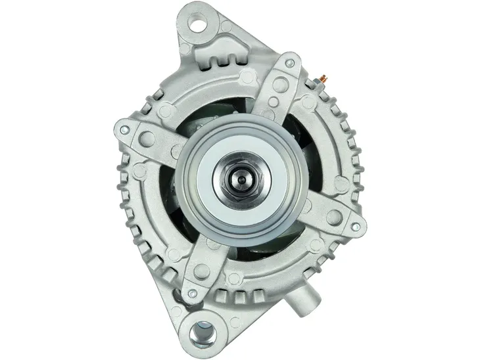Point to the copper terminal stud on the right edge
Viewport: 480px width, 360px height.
coord(324,81)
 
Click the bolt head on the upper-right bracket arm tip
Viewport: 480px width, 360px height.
coord(287,63)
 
